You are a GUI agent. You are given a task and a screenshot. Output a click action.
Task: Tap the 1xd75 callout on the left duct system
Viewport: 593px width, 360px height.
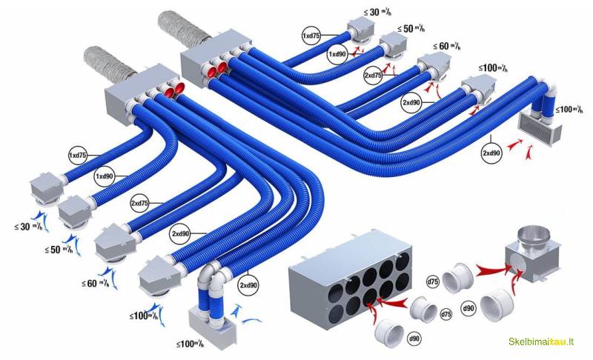pyautogui.click(x=76, y=156)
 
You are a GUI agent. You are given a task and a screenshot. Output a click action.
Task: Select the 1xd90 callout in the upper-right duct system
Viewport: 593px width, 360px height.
pyautogui.click(x=338, y=55)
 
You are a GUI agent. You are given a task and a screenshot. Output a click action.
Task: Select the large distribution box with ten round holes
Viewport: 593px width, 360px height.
pyautogui.click(x=351, y=285)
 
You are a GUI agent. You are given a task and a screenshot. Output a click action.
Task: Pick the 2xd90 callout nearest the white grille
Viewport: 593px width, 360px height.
pyautogui.click(x=491, y=153)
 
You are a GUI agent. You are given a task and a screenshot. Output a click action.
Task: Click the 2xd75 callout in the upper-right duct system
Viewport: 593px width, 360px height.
pyautogui.click(x=373, y=76)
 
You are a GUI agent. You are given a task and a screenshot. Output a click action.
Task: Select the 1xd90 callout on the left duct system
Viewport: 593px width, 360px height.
pyautogui.click(x=104, y=176)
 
